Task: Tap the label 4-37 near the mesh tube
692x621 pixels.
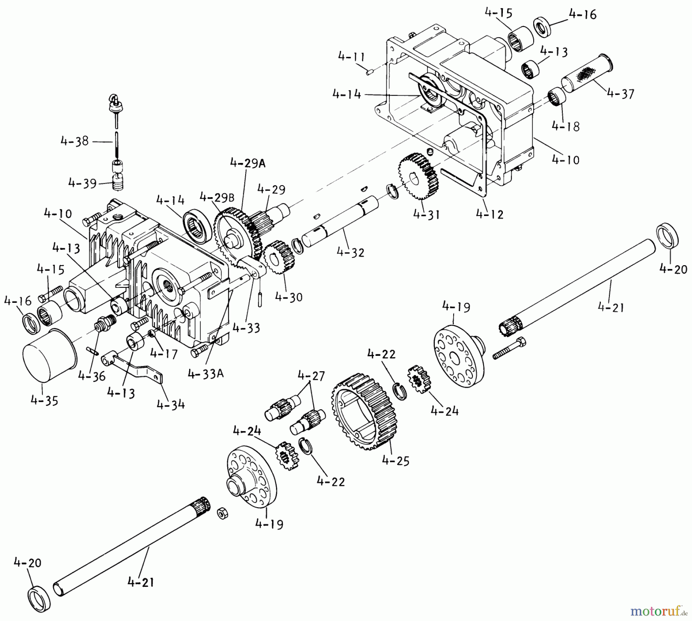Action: coord(620,93)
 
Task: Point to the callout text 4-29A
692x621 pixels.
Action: coord(248,163)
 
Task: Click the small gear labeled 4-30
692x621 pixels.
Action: coord(279,257)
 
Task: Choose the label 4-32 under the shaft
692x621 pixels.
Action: coord(350,252)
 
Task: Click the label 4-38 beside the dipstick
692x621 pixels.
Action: coord(75,141)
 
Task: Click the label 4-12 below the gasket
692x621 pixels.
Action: coord(489,214)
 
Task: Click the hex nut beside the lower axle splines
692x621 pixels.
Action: coord(222,513)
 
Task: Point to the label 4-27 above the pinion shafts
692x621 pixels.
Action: coord(311,375)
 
